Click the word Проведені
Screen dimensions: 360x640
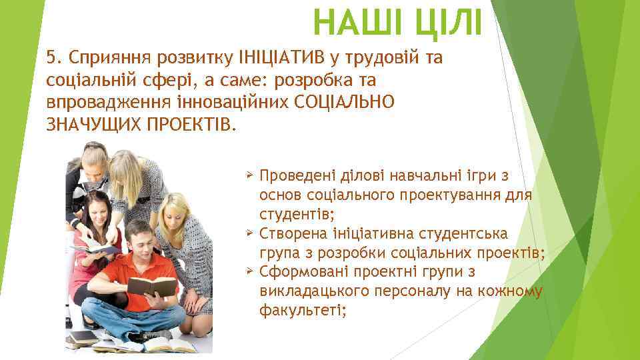point(297,176)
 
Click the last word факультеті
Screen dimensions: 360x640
point(303,311)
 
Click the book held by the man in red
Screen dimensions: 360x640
point(152,286)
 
